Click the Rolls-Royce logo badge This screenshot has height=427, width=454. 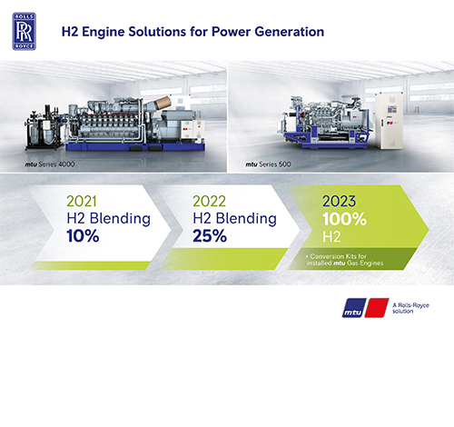25,31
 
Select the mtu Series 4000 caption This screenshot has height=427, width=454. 50,164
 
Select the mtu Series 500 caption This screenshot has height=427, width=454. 268,164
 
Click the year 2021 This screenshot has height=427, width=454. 82,202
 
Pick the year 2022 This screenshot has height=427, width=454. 209,202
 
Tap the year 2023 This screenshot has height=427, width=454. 339,202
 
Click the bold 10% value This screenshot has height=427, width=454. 83,236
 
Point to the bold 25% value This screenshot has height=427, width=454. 210,236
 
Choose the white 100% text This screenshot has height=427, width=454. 344,219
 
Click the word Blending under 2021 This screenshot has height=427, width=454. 120,219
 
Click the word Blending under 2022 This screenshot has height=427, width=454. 246,219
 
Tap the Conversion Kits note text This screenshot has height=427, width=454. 344,260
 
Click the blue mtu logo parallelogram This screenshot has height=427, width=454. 354,308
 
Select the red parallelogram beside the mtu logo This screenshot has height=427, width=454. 377,308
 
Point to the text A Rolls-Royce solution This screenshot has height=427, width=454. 410,308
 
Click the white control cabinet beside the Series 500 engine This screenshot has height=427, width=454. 389,121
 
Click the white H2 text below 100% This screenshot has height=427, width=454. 331,236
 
